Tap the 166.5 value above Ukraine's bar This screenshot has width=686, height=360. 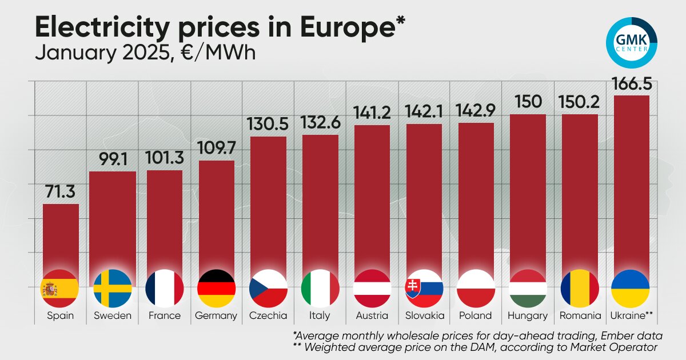coord(631,85)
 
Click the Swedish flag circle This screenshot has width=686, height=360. coord(113,289)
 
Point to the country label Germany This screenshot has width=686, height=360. coord(216,315)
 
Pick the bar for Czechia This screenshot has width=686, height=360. coord(268,206)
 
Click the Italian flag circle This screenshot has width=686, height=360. coord(320,289)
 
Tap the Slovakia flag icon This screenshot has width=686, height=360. coord(424,289)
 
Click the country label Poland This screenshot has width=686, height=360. coord(476,315)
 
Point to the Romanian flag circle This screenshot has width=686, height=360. coord(580,289)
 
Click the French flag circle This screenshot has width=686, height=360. coord(165,289)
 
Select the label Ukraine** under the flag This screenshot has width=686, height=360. coord(631,315)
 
